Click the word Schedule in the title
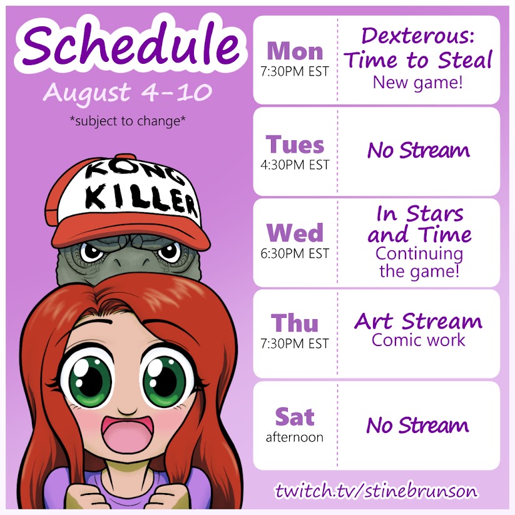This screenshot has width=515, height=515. [x=131, y=44]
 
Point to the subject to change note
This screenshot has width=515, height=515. [x=128, y=121]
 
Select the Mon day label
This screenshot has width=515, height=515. [x=295, y=51]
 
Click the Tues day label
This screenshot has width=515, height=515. [x=295, y=145]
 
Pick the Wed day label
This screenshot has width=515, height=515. [x=295, y=233]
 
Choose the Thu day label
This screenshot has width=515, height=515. [x=295, y=323]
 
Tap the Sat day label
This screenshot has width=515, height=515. [x=295, y=417]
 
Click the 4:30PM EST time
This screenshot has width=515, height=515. [x=295, y=165]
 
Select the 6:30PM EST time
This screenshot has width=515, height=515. [x=295, y=253]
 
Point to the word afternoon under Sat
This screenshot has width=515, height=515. [x=295, y=437]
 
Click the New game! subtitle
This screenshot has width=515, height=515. [x=418, y=83]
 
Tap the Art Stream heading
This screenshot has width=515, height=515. [x=418, y=321]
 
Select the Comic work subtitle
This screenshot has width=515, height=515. [x=418, y=340]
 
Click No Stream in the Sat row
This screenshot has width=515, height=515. [x=417, y=425]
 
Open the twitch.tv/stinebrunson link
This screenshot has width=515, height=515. [x=377, y=491]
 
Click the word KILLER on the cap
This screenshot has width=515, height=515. [x=142, y=200]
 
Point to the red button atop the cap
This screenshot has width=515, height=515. [x=126, y=156]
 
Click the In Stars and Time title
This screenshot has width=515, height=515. [x=419, y=224]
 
